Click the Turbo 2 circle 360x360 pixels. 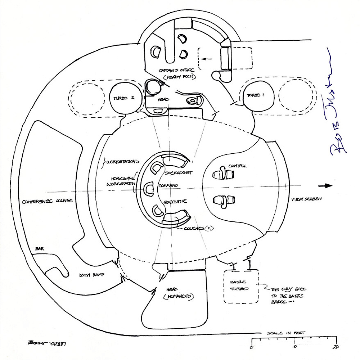tap(122, 98)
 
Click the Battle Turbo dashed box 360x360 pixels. tap(241, 286)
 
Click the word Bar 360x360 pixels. tap(39, 249)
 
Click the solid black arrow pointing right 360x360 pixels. tap(327, 186)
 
